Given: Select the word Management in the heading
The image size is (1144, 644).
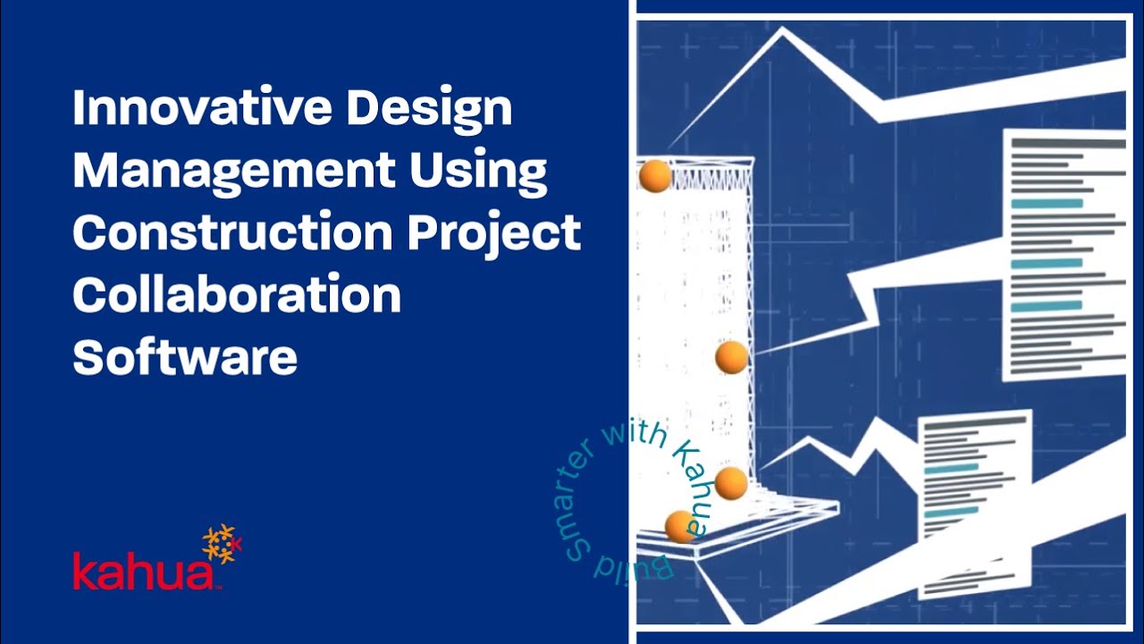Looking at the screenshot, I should (x=233, y=170).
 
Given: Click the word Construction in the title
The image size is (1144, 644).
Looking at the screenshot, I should (x=232, y=233).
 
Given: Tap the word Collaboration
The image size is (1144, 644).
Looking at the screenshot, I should (x=237, y=295).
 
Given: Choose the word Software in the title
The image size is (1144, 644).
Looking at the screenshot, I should (x=185, y=356).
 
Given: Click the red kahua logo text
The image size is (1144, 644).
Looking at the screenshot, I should (x=143, y=572).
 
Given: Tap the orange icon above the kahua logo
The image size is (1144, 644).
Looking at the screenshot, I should (x=221, y=543).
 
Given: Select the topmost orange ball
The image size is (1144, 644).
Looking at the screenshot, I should (x=655, y=176).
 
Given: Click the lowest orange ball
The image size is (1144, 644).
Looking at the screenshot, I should (x=680, y=527).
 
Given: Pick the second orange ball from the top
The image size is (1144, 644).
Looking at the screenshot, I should (x=731, y=358).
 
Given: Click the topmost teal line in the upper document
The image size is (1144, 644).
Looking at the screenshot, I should (x=1047, y=204).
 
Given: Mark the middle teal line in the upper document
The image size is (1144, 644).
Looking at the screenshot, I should (x=1047, y=264).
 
